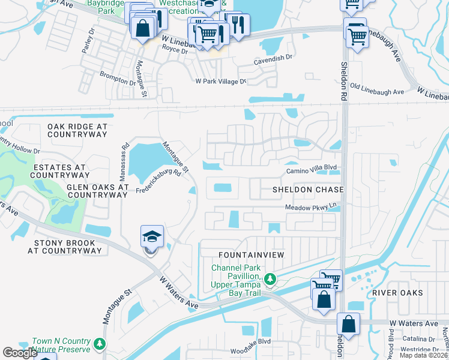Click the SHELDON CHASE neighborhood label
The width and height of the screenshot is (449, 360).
pyautogui.click(x=308, y=190)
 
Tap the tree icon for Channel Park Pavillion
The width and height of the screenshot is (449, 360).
pyautogui.click(x=270, y=278)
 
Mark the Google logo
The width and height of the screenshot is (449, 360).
pyautogui.click(x=20, y=353)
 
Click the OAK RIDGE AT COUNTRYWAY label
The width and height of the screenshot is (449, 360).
pyautogui.click(x=77, y=131)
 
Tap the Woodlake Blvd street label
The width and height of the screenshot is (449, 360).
pyautogui.click(x=252, y=350)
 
